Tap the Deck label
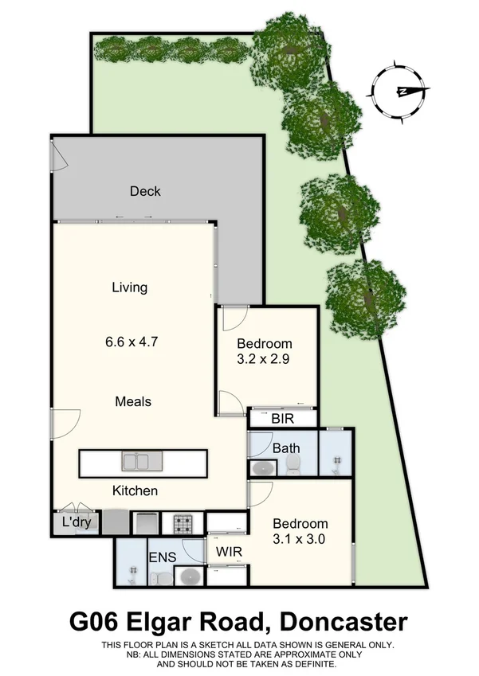click(x=145, y=191)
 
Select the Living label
click(x=129, y=287)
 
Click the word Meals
click(x=132, y=401)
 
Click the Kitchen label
click(x=134, y=490)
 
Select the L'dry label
click(x=76, y=523)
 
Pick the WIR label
click(x=227, y=550)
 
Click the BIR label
click(x=283, y=418)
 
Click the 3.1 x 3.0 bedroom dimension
click(x=300, y=538)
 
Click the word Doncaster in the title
click(x=344, y=622)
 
